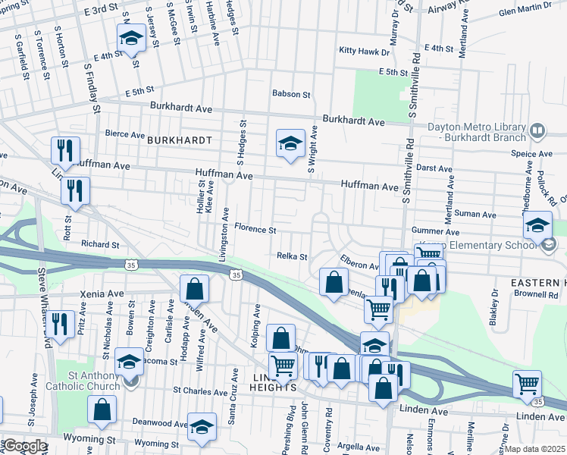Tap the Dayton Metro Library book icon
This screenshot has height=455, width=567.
click(x=537, y=131)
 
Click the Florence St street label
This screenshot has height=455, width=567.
click(x=255, y=227)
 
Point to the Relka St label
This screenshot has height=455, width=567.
click(x=292, y=256)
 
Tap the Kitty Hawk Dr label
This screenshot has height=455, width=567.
click(x=364, y=52)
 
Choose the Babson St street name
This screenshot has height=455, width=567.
click(x=292, y=95)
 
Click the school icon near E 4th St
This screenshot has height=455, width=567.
click(x=130, y=39)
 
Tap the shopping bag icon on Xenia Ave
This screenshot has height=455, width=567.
click(x=194, y=289)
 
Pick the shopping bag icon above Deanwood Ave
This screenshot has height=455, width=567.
click(x=101, y=409)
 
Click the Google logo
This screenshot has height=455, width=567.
click(x=24, y=446)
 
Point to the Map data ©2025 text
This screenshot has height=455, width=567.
click(x=534, y=449)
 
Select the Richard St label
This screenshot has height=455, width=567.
click(x=100, y=245)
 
